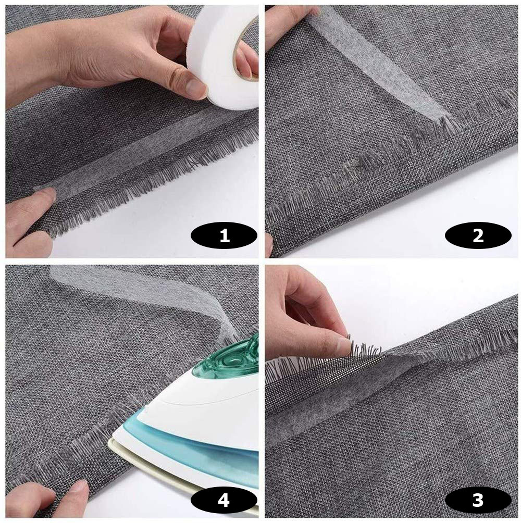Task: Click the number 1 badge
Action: [x=224, y=236]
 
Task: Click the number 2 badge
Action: [x=478, y=236]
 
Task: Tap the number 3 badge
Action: [x=478, y=500]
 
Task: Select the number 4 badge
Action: [x=224, y=500]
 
